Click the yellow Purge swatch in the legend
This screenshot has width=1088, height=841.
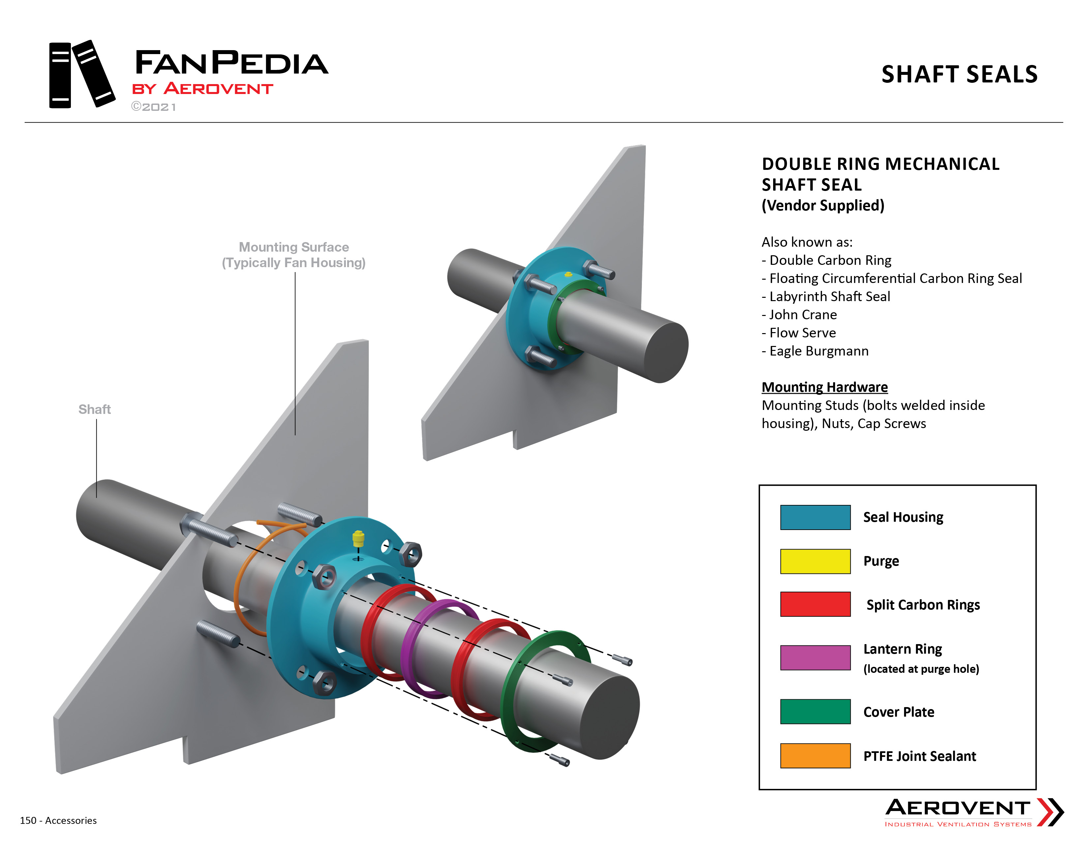[x=815, y=561]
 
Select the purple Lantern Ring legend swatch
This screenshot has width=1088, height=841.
[x=815, y=657]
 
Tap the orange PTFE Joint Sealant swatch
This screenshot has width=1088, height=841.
[x=815, y=755]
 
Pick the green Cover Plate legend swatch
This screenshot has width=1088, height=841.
[x=815, y=711]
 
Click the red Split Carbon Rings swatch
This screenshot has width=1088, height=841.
[x=815, y=604]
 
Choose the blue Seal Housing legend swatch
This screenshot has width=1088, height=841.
[x=815, y=517]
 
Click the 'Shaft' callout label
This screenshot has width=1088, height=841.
[x=94, y=410]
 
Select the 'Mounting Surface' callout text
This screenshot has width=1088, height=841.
[x=294, y=247]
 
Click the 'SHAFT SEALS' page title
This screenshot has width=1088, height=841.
[x=959, y=74]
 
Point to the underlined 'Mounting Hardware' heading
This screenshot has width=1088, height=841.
[x=825, y=387]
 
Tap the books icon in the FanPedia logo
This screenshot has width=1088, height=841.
[x=82, y=74]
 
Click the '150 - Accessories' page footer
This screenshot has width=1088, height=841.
[x=58, y=820]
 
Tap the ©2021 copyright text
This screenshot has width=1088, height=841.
[x=153, y=107]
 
